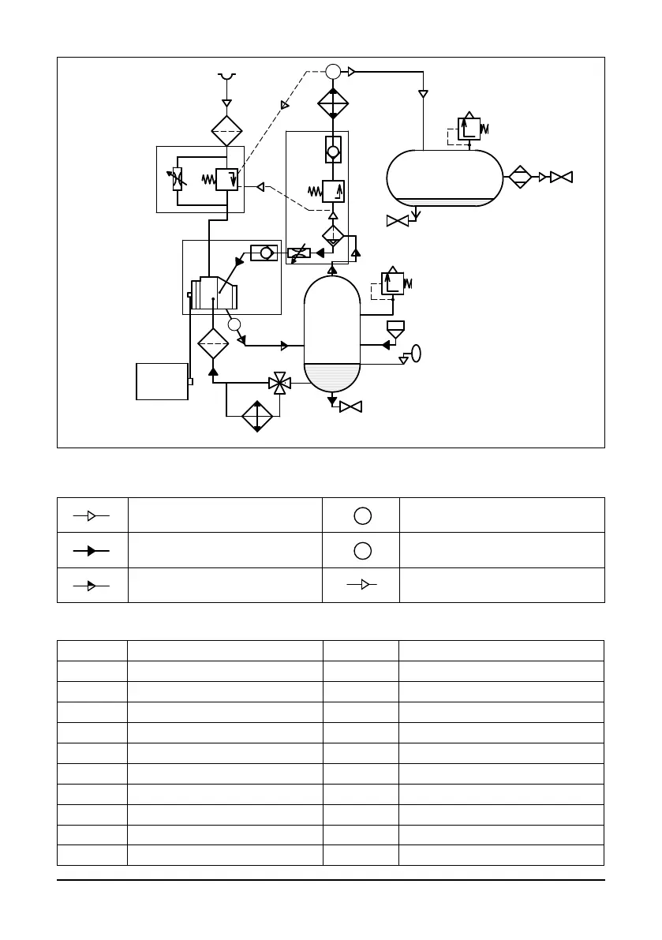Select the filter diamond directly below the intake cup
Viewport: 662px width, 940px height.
click(226, 130)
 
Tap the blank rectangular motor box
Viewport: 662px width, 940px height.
click(162, 381)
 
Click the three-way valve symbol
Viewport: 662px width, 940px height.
click(279, 384)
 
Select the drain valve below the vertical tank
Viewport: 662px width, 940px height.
click(350, 406)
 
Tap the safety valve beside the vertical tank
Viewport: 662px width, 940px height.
click(392, 283)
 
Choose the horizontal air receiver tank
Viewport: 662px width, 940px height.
click(445, 178)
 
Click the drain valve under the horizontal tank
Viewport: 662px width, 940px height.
click(398, 221)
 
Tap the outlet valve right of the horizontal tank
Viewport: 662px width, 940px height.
click(561, 178)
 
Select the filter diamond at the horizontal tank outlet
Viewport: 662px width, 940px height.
click(519, 178)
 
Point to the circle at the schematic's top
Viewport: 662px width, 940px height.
click(333, 72)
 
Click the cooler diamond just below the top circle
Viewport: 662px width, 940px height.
click(333, 103)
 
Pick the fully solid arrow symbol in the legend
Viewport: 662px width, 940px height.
click(92, 550)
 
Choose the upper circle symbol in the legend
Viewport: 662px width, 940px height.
click(361, 516)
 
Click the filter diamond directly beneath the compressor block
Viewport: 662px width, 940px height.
click(212, 344)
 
